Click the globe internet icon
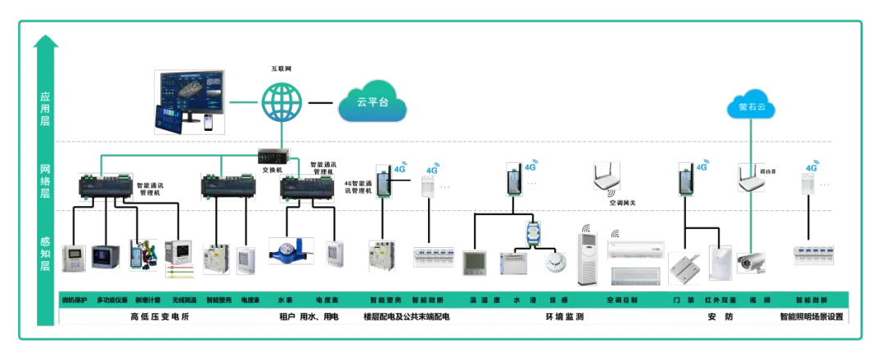(x=282, y=102)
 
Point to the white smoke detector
(x=556, y=262)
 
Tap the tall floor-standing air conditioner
(x=587, y=258)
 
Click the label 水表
(x=286, y=300)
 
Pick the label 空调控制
(x=622, y=300)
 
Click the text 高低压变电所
(x=160, y=317)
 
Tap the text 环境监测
(x=565, y=317)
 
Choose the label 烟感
(x=559, y=300)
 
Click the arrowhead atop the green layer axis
(x=47, y=40)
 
